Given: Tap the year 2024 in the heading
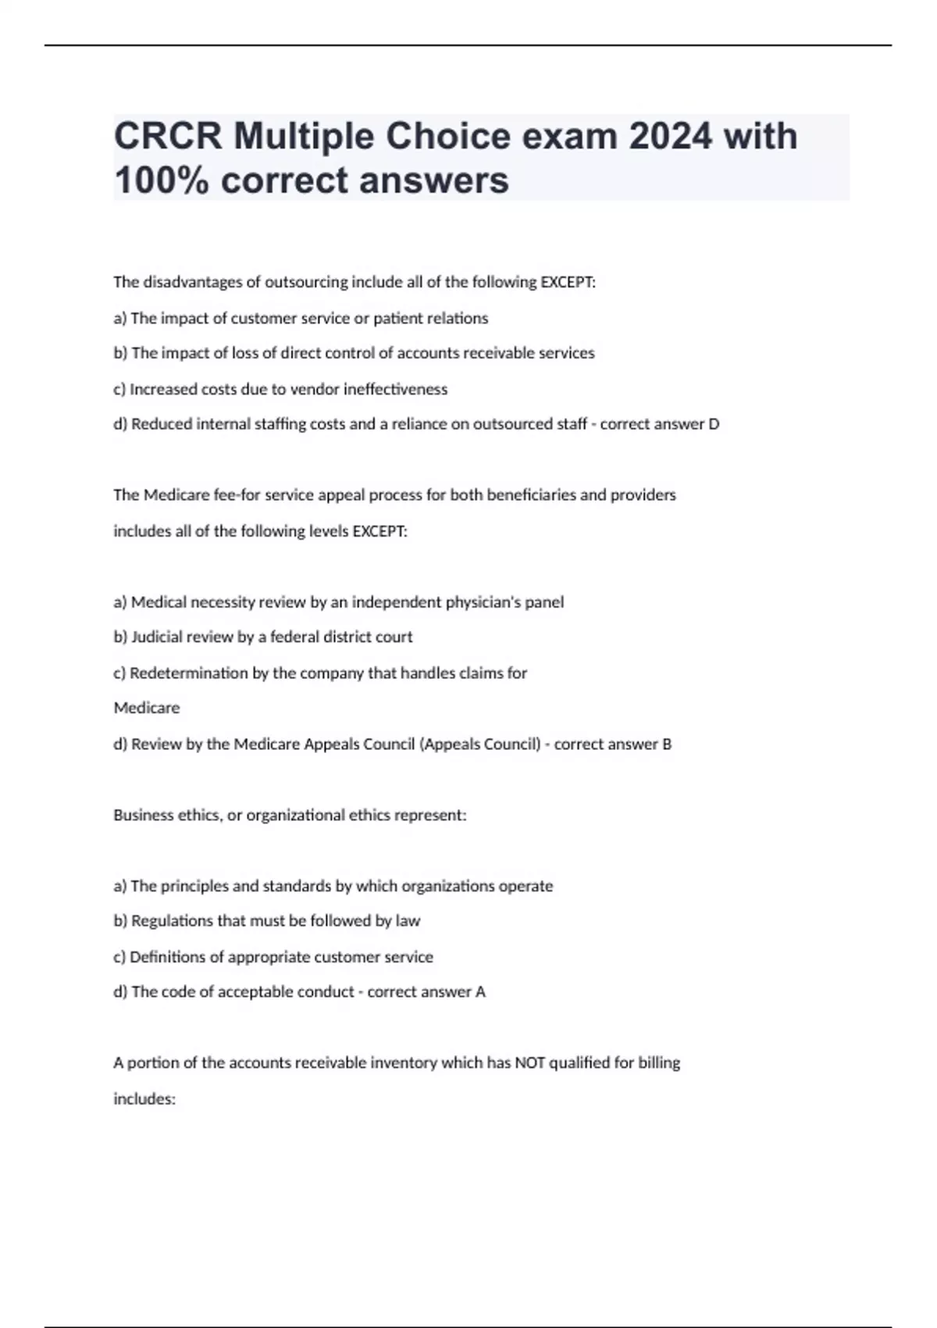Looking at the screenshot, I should coord(670,137).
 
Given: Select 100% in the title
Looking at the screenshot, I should coord(161,180).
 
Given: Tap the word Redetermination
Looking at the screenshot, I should coord(188,673).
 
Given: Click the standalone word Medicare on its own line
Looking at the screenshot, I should coord(146,708).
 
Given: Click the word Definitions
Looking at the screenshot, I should coord(165,957).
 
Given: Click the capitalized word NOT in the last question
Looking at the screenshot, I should coord(529,1063).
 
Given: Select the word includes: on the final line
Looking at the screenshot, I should coord(144,1099).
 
